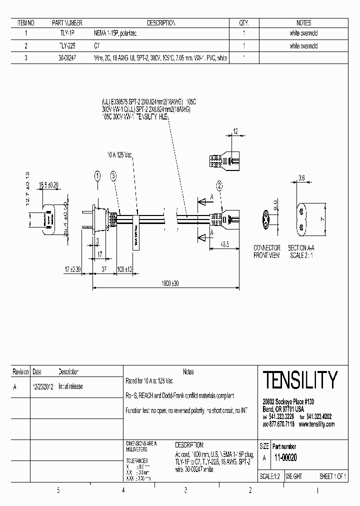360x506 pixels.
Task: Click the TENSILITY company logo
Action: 300,380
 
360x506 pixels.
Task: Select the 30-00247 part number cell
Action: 67,58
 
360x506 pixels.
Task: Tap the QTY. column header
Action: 243,22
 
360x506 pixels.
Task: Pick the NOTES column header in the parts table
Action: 303,22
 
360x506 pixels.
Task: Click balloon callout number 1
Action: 97,175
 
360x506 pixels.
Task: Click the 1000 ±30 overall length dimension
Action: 169,283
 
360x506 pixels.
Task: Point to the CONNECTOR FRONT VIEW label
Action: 267,251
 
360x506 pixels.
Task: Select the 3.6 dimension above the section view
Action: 301,177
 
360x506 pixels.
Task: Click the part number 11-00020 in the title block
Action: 285,457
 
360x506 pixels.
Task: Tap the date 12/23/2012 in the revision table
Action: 43,386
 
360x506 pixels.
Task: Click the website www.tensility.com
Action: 317,424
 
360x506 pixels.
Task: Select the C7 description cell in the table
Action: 97,46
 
